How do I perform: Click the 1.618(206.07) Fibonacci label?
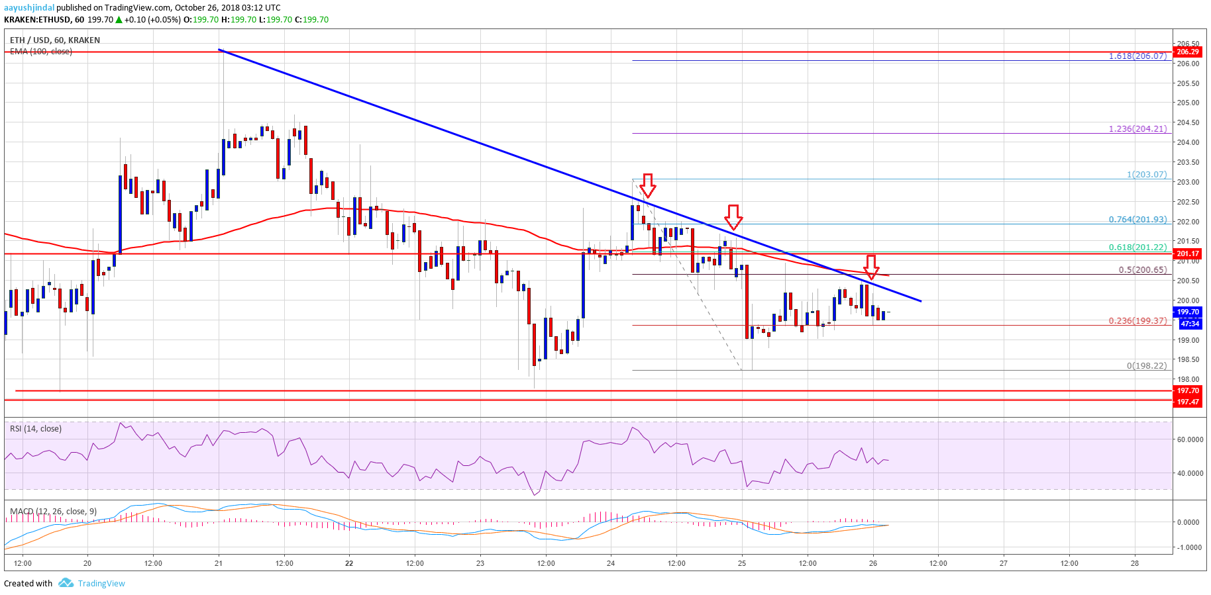click(1137, 56)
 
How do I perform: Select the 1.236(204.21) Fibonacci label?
click(1137, 129)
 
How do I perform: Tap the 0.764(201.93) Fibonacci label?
click(1137, 220)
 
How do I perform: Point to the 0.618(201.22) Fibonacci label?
click(1137, 248)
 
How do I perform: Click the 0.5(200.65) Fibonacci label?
click(1142, 270)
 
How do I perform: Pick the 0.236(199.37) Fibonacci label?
click(1137, 321)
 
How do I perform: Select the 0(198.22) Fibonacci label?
click(1146, 366)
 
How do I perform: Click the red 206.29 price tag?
click(1187, 52)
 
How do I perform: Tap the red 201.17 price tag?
click(1187, 253)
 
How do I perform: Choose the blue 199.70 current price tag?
click(1187, 312)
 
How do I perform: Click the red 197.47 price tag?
click(1187, 402)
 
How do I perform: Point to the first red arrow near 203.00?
click(648, 185)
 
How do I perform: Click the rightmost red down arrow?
click(871, 267)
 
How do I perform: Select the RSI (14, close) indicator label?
click(36, 429)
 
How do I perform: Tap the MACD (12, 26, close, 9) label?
click(53, 512)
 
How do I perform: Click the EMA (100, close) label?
click(41, 52)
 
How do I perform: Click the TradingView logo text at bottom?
click(101, 583)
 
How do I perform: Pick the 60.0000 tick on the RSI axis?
click(1190, 439)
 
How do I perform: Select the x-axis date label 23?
click(480, 564)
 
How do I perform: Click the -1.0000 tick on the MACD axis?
click(1188, 547)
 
